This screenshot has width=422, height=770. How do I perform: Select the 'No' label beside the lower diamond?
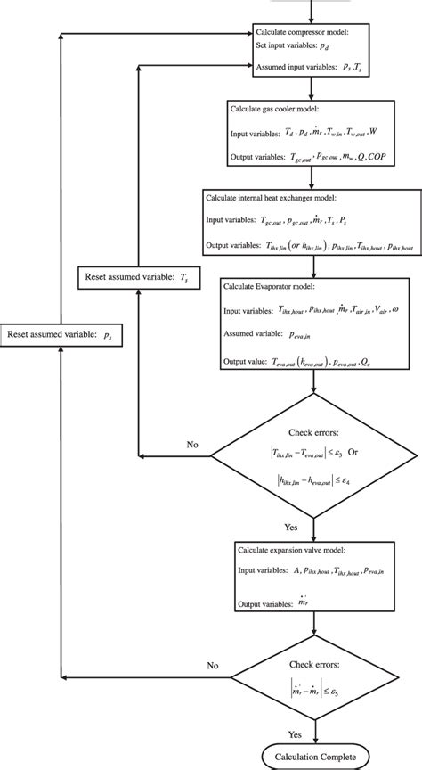213,665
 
